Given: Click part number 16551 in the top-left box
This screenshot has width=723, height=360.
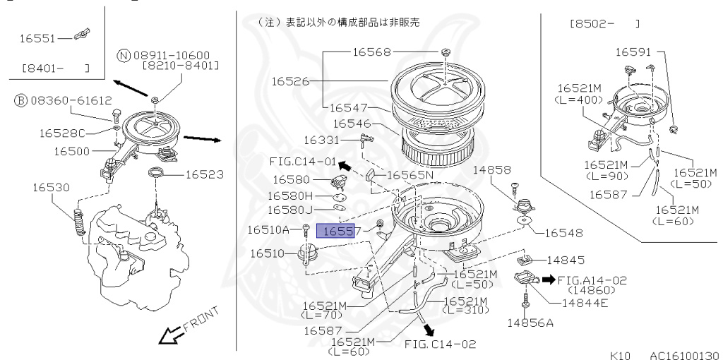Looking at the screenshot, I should pyautogui.click(x=33, y=40).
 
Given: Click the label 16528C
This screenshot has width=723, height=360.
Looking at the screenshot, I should pyautogui.click(x=61, y=133).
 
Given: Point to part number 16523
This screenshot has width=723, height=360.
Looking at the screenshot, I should pyautogui.click(x=205, y=173).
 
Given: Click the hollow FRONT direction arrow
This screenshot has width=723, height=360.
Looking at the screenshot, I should pyautogui.click(x=169, y=337).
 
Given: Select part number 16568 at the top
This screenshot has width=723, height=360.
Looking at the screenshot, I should pyautogui.click(x=371, y=51).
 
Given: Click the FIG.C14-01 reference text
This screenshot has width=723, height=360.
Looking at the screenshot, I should pyautogui.click(x=302, y=161).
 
